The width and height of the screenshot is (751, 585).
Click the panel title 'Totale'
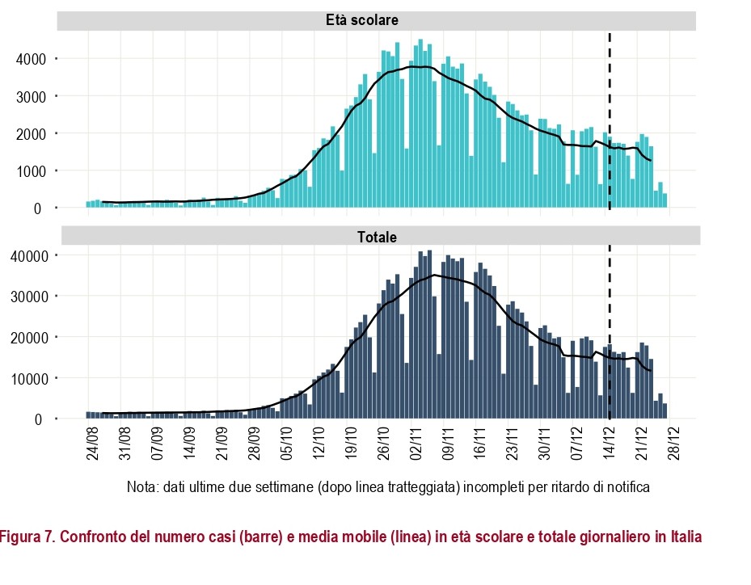tap(377, 237)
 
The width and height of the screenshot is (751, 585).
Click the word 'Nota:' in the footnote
tap(142, 487)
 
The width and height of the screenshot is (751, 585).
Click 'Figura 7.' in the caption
tap(26, 537)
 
